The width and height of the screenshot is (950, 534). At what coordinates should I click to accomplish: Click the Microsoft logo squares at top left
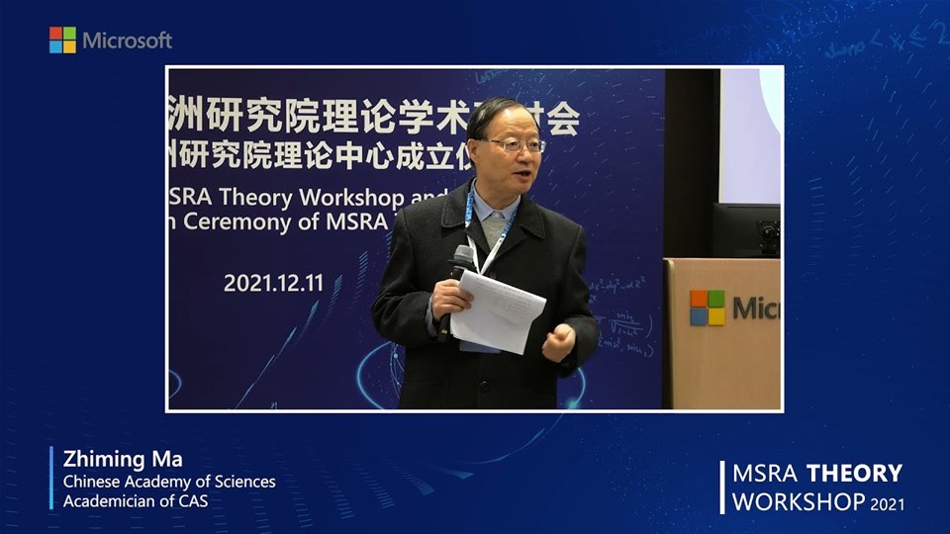(x=62, y=40)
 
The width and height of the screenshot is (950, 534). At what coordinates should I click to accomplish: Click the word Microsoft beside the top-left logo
(x=127, y=41)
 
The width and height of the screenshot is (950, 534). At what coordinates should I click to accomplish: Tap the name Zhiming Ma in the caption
(x=110, y=460)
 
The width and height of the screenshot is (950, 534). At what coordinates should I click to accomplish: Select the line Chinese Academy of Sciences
(x=169, y=482)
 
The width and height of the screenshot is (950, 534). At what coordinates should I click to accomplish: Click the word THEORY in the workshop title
(x=854, y=473)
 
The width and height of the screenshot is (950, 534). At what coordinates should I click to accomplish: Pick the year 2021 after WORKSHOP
(x=887, y=503)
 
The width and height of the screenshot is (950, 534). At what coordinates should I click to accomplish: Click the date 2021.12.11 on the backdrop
(x=273, y=282)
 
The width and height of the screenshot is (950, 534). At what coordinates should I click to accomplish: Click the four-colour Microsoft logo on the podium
(x=707, y=308)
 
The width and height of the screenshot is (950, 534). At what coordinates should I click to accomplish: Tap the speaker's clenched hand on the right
(x=558, y=342)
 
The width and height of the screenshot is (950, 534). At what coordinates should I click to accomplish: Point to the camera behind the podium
(x=768, y=234)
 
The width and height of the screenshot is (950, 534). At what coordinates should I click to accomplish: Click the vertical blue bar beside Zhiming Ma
(x=51, y=478)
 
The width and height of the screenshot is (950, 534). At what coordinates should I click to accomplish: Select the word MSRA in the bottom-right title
(x=765, y=473)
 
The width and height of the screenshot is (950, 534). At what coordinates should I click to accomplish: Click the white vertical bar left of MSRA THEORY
(x=721, y=487)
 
